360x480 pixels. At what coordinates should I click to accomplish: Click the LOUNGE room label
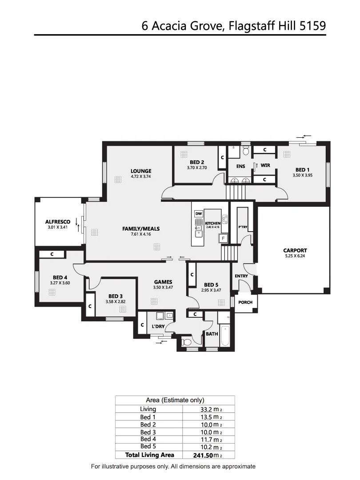[x=141, y=171]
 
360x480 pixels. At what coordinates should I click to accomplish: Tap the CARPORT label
[x=295, y=250]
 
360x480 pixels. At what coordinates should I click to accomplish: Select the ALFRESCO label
[x=58, y=221]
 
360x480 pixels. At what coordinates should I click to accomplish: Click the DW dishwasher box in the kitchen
[x=199, y=214]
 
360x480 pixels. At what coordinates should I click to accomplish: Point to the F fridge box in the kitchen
[x=224, y=239]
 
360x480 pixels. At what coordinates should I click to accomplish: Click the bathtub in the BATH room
[x=225, y=337]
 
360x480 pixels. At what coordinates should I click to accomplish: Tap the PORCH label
[x=245, y=302]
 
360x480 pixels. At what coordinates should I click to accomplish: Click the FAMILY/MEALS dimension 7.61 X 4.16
[x=141, y=234]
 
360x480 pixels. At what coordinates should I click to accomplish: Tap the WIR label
[x=265, y=165]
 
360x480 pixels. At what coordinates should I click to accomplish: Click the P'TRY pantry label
[x=243, y=227]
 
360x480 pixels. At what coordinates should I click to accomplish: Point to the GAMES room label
[x=163, y=282]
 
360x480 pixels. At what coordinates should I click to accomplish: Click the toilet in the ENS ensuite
[x=245, y=151]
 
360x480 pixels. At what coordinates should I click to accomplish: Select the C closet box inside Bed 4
[x=52, y=254]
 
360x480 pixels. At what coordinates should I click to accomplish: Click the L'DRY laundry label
[x=159, y=327]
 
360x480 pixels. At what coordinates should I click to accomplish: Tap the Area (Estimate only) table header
[x=175, y=400]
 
